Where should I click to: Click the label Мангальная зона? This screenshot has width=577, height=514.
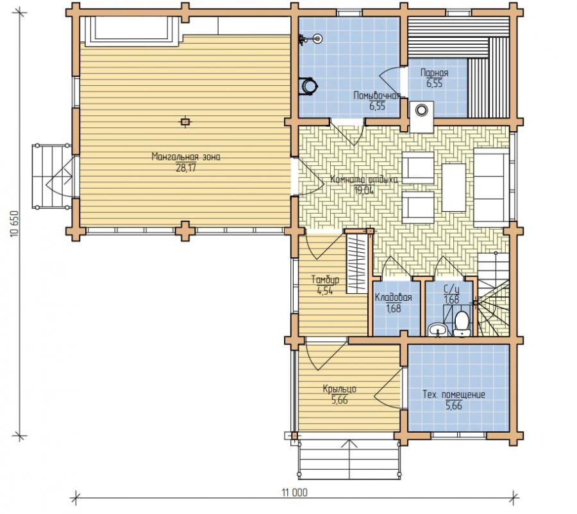[x=186, y=157]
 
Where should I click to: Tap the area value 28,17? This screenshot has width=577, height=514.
[x=186, y=168]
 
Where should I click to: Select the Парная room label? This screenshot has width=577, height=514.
[x=434, y=73]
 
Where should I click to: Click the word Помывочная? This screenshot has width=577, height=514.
[x=376, y=96]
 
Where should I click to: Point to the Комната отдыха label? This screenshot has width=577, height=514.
[x=364, y=180]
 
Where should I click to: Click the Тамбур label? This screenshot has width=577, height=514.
[x=325, y=280]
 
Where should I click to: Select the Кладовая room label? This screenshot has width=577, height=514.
[x=393, y=297]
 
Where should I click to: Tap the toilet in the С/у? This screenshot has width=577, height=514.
[x=462, y=324]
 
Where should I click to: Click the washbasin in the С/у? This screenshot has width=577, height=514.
[x=437, y=330]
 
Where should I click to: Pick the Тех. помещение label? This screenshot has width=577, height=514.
[x=453, y=394]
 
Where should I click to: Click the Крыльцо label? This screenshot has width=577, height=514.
[x=339, y=389]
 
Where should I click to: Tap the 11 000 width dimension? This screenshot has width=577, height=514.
[x=294, y=493]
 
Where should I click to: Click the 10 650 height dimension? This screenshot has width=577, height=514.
[x=15, y=224]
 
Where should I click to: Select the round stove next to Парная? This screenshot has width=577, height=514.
[x=421, y=109]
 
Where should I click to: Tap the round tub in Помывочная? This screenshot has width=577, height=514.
[x=308, y=86]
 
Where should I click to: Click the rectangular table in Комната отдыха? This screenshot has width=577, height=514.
[x=453, y=188]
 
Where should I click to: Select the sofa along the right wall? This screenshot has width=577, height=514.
[x=492, y=188]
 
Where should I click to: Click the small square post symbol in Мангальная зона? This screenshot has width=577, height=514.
[x=185, y=122]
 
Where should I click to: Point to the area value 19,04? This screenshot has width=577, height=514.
[x=364, y=190]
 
